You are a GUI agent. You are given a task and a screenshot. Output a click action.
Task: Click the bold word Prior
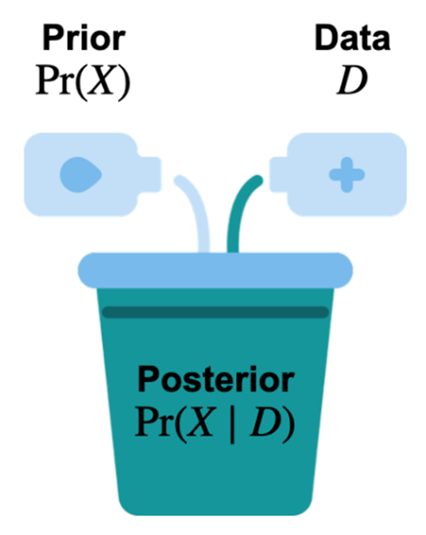click(x=84, y=38)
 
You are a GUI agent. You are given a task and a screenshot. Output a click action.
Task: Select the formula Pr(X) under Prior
click(x=83, y=81)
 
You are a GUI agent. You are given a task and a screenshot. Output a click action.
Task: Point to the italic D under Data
click(x=352, y=81)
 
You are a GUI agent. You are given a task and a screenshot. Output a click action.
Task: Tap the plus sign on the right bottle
click(x=347, y=174)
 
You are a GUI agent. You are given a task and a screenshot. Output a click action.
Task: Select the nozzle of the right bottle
click(x=278, y=174)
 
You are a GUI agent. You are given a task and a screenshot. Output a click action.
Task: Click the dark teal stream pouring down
click(x=236, y=217)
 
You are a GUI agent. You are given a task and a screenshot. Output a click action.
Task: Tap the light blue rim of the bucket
click(x=215, y=270)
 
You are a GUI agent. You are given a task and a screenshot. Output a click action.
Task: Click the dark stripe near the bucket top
click(x=215, y=312)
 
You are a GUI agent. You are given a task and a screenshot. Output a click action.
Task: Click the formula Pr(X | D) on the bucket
click(x=215, y=423)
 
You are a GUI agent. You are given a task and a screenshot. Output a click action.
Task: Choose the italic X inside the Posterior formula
click(x=200, y=423)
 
